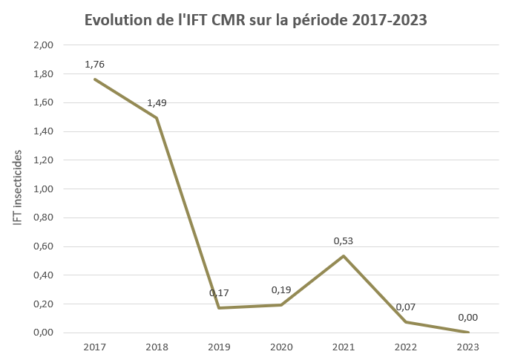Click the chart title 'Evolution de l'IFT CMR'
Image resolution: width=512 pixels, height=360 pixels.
[256, 20]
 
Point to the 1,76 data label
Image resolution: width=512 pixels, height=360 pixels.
[94, 64]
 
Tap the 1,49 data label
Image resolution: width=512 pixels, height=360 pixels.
[157, 102]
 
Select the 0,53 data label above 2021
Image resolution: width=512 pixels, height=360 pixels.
[344, 240]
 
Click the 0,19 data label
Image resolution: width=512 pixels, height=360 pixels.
[281, 289]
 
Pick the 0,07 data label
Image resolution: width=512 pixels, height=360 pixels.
[405, 307]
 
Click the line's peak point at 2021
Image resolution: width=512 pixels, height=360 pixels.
[344, 256]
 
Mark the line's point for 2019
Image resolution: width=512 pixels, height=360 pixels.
[219, 308]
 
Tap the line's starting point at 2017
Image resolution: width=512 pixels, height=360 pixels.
[94, 79]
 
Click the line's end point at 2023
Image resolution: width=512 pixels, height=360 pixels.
[467, 332]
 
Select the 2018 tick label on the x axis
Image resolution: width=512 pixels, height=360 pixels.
[157, 347]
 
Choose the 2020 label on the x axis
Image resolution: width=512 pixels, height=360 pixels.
[281, 347]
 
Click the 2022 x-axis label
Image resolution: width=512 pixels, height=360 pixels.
[405, 347]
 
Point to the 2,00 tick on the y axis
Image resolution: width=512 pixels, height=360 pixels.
[44, 45]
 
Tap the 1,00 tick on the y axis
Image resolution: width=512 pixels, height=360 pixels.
[44, 189]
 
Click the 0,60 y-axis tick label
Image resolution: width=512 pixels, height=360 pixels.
[44, 246]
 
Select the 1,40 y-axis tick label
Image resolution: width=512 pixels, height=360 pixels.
[44, 131]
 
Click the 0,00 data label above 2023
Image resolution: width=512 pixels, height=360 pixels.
[467, 317]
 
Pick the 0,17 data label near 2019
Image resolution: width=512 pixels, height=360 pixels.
[219, 292]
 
